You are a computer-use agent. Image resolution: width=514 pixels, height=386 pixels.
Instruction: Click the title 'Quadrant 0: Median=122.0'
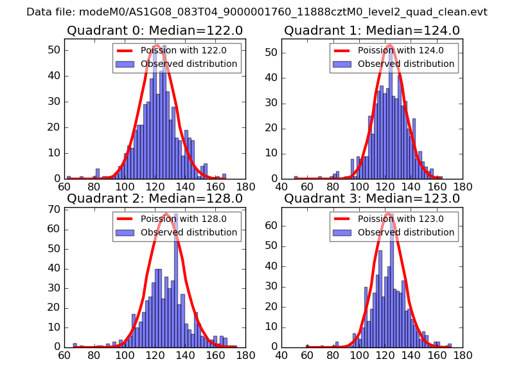point(155,30)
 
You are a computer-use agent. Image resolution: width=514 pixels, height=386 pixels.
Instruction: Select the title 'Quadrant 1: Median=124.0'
point(372,30)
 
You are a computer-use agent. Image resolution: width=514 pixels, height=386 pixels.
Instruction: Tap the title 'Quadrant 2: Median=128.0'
point(155,198)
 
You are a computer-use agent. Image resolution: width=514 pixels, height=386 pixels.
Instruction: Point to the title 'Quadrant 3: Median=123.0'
point(372,198)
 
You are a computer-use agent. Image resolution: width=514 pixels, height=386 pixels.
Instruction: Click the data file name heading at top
point(257,12)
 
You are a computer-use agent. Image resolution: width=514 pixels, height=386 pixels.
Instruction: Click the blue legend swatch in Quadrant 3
point(342,232)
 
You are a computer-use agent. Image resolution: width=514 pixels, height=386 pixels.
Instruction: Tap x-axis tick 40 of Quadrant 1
point(281,187)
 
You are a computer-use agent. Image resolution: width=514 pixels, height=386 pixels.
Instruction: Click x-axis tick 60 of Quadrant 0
point(64,187)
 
